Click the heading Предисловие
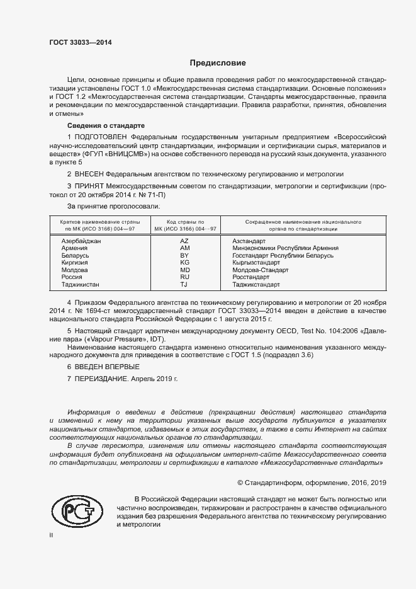point(218,63)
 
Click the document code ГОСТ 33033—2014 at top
point(81,43)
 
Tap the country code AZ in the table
point(184,241)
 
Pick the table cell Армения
point(74,248)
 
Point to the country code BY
point(184,256)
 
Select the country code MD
point(184,270)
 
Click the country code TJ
point(184,285)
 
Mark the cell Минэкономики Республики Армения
point(285,248)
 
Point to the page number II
point(52,534)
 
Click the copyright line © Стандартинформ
point(312,483)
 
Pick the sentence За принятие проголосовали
point(113,206)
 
